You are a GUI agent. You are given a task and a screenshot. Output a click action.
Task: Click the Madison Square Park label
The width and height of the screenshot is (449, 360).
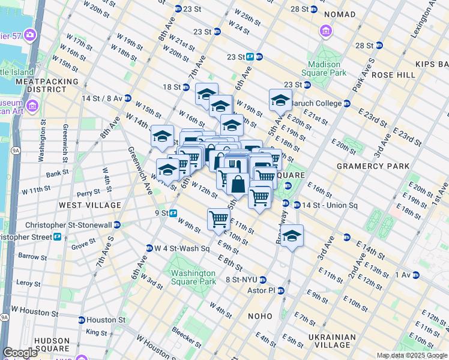pyautogui.click(x=327, y=68)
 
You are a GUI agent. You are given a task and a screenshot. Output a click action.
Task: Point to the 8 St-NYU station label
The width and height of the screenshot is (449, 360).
pyautogui.click(x=241, y=280)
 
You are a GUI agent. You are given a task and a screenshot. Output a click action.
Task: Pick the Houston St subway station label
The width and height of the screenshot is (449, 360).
pyautogui.click(x=106, y=320)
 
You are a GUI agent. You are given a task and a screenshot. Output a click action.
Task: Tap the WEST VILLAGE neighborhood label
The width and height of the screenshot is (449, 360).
pyautogui.click(x=89, y=205)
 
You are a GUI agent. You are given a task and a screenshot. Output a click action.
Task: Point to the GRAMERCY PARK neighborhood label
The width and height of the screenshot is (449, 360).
pyautogui.click(x=373, y=166)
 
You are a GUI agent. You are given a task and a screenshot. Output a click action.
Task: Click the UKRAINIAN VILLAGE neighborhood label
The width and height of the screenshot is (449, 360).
pyautogui.click(x=337, y=340)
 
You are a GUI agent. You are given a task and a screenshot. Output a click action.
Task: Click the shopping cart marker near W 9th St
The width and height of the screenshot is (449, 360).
pyautogui.click(x=218, y=218)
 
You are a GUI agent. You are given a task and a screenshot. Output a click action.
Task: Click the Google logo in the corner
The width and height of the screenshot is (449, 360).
pyautogui.click(x=20, y=353)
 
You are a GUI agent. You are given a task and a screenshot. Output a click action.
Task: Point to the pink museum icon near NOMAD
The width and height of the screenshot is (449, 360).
pyautogui.click(x=325, y=30)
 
